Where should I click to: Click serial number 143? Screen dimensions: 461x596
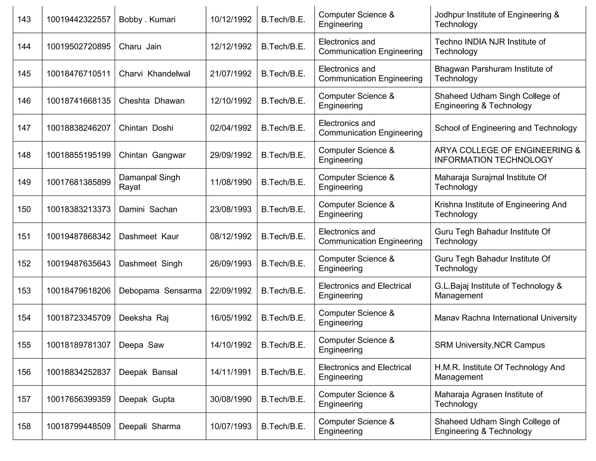pos(24,20)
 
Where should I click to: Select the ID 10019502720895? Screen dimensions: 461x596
pos(79,47)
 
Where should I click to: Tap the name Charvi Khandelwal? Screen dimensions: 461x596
pos(154,74)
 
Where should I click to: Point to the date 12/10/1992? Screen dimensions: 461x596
pos(231,101)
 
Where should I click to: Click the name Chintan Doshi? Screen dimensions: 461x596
pos(146,128)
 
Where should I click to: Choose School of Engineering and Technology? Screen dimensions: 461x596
pos(505,128)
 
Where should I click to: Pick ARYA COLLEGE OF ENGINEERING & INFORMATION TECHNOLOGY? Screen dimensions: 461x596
pos(507,155)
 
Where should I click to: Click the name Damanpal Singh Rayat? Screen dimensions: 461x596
pos(150,182)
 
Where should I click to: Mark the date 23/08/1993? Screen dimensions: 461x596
pos(231,209)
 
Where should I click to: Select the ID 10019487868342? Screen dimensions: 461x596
pos(79,236)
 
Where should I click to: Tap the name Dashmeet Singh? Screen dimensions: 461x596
pos(150,263)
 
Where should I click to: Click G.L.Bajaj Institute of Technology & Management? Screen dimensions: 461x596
pos(498,291)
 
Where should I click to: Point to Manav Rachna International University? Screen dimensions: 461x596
pos(505,318)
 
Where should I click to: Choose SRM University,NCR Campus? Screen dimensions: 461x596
pos(489,345)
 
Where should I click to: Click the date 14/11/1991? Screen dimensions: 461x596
pos(231,372)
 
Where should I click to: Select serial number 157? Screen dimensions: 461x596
pos(24,399)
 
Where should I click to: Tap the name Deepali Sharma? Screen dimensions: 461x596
pos(150,426)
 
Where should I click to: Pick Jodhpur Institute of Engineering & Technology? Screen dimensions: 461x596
pos(497,20)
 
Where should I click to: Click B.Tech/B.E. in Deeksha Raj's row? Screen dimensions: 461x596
pos(283,318)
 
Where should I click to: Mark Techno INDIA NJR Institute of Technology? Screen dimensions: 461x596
pos(490,47)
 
